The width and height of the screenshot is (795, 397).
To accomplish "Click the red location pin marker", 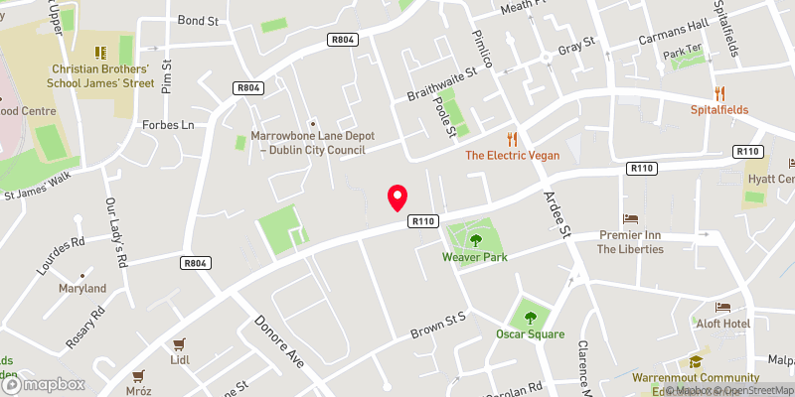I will (x=397, y=198).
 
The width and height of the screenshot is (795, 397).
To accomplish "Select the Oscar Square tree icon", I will (x=530, y=317).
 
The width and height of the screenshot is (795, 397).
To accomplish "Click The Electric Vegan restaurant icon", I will (x=513, y=139).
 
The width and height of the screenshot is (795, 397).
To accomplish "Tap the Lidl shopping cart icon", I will (x=180, y=345).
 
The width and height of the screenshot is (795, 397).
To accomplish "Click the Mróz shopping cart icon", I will (x=138, y=376).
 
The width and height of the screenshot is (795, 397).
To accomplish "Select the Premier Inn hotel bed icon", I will (x=630, y=218).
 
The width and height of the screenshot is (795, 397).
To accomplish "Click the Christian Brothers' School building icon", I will (x=99, y=51).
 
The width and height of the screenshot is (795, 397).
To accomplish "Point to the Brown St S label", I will (x=439, y=328).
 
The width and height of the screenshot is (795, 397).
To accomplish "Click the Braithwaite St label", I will (x=442, y=90).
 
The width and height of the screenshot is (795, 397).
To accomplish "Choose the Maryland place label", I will (x=82, y=288).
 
